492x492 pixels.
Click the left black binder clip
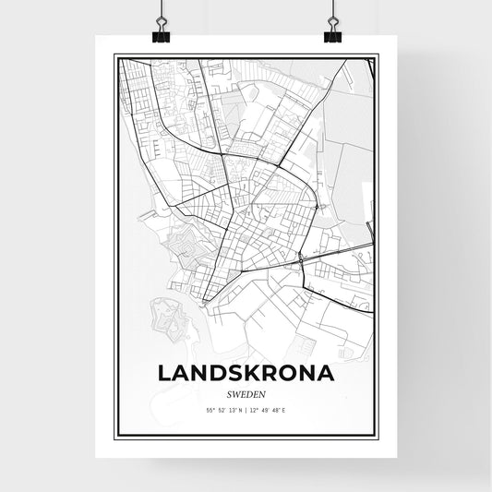162,34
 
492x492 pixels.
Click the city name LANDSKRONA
246,373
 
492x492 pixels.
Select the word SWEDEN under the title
246,391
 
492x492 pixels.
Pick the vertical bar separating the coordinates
246,409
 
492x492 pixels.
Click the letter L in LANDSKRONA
165,373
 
